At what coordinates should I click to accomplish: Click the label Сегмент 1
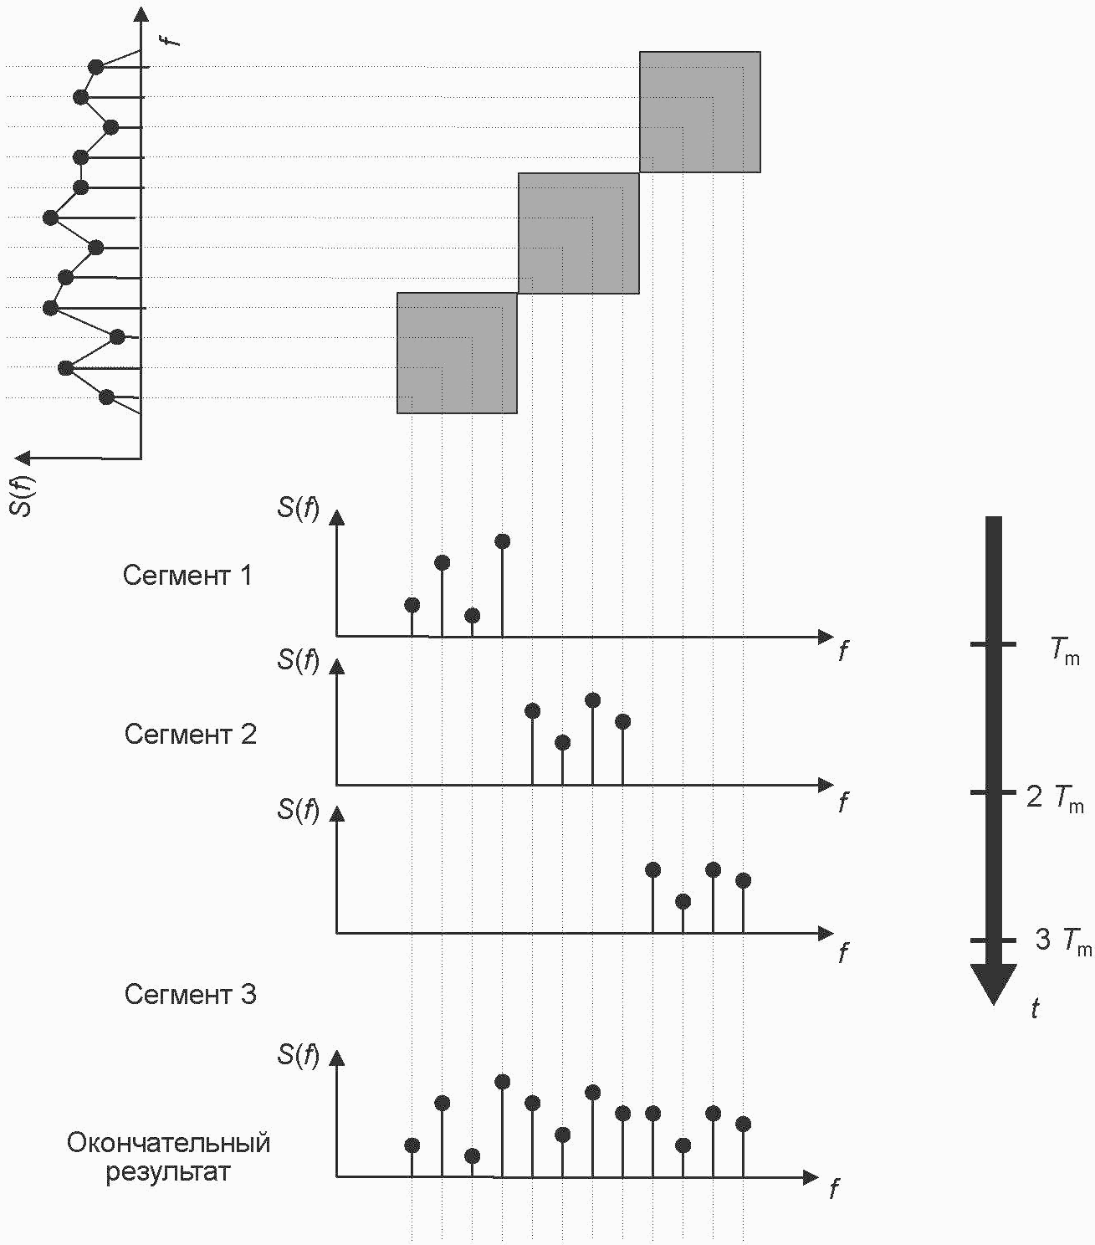point(187,576)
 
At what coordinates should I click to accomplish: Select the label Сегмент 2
point(191,735)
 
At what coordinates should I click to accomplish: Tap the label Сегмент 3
point(191,994)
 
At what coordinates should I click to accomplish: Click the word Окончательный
point(168,1143)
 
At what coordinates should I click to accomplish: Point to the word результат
point(168,1172)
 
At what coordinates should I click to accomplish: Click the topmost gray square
point(700,112)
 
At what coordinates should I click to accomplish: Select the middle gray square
point(579,233)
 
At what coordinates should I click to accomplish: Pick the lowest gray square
point(458,353)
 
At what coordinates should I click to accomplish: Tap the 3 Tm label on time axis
point(1063,942)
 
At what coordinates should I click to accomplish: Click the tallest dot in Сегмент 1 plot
point(502,541)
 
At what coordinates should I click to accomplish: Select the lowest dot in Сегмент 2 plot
point(562,743)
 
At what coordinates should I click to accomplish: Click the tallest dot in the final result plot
point(502,1082)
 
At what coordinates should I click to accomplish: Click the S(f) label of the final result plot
point(299,1054)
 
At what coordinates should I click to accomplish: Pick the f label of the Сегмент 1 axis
point(844,649)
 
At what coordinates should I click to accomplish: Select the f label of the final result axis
point(834,1188)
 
